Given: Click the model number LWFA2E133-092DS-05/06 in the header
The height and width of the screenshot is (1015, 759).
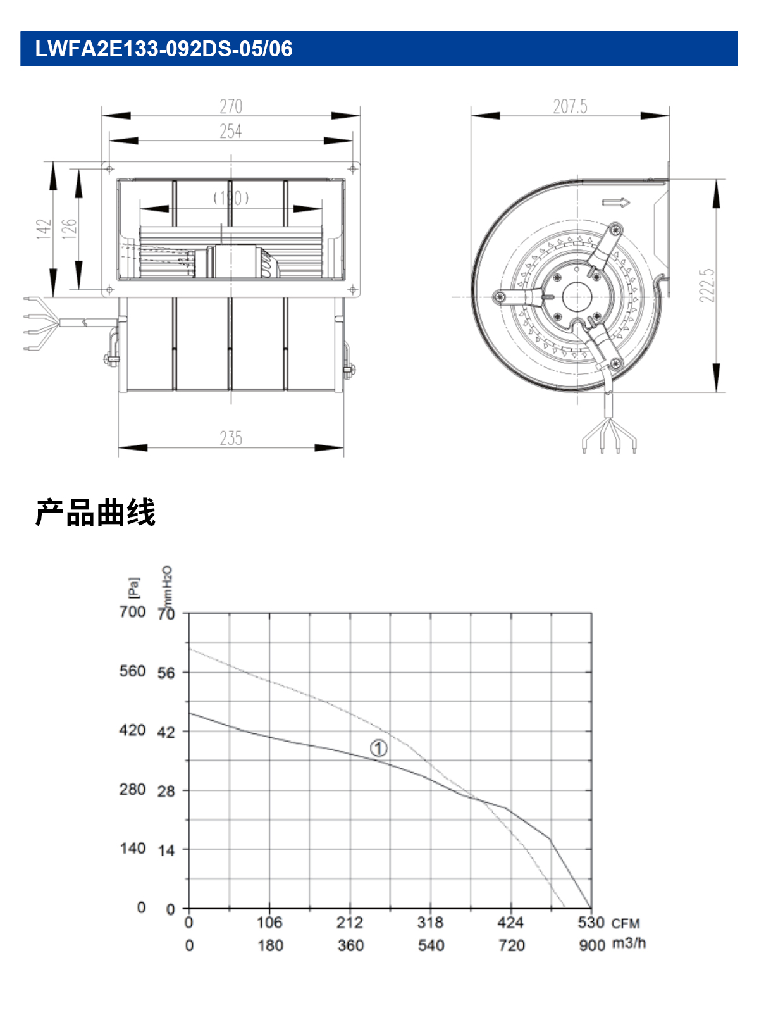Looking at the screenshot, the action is pos(164,49).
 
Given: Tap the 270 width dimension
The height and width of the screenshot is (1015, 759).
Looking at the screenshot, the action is pos(231,107).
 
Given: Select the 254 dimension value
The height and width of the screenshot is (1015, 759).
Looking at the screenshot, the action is pos(231,132).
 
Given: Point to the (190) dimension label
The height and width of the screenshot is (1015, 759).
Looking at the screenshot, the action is pos(231,198).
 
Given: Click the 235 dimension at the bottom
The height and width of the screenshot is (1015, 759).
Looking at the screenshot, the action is pos(231,439).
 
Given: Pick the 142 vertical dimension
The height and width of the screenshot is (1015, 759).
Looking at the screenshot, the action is pos(44,229).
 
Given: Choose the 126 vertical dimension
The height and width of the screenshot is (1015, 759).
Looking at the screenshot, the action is pos(69,229).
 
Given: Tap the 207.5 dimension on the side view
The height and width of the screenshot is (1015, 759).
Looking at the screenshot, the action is pos(570,107).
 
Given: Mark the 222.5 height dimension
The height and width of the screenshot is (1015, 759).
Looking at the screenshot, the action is pos(707,286).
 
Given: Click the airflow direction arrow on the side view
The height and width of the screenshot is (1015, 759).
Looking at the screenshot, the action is pos(615,202).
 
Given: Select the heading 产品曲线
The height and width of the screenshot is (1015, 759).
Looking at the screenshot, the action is pos(96,513).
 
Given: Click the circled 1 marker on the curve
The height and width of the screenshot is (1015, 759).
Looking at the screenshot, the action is pos(379,748).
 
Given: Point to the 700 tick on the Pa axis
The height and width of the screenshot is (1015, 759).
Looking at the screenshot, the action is pos(133,612).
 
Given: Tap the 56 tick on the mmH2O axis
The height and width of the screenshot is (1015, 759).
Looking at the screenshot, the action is pos(166,673).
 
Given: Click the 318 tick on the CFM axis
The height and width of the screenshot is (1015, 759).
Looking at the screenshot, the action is pos(430,923).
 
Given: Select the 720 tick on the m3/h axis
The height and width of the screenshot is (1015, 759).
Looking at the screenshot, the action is pos(511,945).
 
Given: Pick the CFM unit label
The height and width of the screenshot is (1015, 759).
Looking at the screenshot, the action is pos(626,923).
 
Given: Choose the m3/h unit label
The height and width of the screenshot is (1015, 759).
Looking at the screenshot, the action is pos(629,943).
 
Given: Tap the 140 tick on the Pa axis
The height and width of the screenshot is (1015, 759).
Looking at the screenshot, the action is pos(133,849).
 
